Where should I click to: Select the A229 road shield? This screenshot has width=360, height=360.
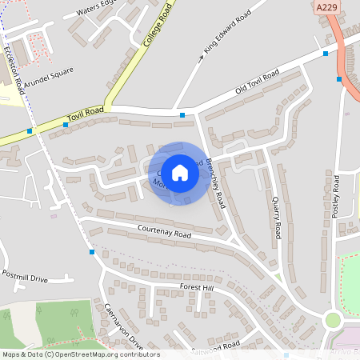click(326, 7)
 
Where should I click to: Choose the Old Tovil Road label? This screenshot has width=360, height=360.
click(257, 84)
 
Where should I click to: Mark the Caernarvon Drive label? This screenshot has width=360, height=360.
click(123, 326)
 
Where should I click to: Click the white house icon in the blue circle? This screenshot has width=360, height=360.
click(180, 173)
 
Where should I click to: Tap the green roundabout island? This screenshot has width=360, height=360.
click(332, 321)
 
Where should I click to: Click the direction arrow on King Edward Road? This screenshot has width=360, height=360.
click(201, 58)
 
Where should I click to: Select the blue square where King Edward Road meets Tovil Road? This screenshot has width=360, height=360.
click(182, 116)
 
